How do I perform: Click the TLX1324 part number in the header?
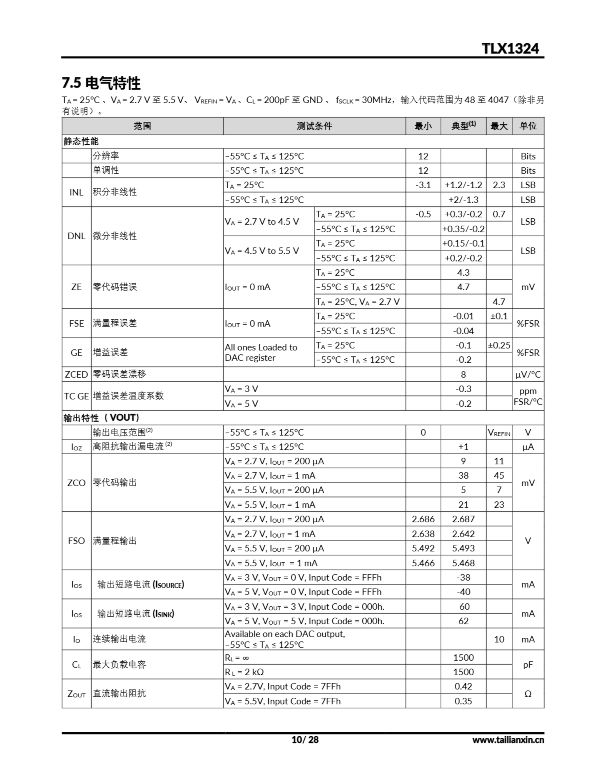point(510,48)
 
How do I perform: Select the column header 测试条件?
point(314,126)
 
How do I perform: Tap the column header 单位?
point(528,126)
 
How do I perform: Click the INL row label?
point(76,192)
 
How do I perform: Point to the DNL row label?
point(76,236)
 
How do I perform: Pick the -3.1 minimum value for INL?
point(423,185)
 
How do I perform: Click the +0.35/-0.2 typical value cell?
point(463,229)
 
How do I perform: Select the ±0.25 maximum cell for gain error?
point(498,345)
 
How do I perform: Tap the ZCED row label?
point(76,375)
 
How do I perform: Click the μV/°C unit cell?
point(528,375)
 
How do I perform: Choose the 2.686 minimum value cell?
point(423,519)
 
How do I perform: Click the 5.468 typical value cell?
point(463,563)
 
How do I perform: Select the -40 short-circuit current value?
point(463,592)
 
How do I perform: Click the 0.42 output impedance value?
point(463,686)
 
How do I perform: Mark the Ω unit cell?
point(528,694)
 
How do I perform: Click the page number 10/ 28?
point(305,740)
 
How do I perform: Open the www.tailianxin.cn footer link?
point(508,740)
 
